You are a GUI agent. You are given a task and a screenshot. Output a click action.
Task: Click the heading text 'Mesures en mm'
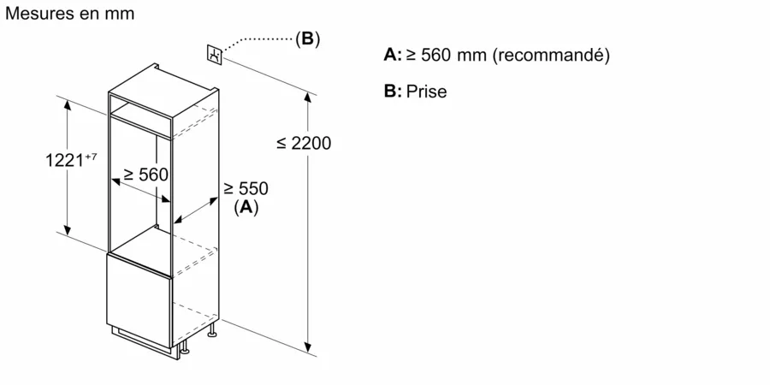[69, 15]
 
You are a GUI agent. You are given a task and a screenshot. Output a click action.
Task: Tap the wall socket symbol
[214, 54]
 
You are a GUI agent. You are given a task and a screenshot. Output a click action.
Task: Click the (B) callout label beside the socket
[307, 38]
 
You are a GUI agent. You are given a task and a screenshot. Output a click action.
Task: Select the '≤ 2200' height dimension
[303, 144]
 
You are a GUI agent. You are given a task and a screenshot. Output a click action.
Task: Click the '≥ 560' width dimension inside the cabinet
[145, 174]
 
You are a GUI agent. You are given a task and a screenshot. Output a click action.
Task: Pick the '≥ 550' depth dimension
[246, 188]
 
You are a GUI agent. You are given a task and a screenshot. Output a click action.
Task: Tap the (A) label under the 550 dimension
[246, 206]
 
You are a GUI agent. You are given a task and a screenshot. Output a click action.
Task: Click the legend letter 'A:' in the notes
[393, 56]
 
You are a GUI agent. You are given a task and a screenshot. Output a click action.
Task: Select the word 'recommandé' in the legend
[552, 56]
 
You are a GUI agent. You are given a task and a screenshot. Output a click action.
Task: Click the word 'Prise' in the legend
[427, 92]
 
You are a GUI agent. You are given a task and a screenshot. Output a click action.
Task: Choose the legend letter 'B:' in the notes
[393, 92]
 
